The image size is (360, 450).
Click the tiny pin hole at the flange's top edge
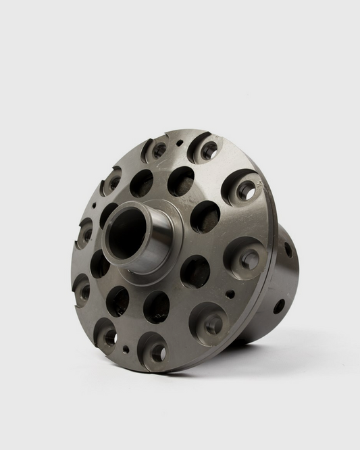(x=179, y=143)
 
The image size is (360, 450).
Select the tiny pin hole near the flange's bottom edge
(x=126, y=349)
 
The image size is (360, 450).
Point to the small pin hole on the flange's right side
(x=230, y=294)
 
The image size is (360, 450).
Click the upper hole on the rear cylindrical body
(x=288, y=249)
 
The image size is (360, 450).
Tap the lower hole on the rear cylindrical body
(x=278, y=306)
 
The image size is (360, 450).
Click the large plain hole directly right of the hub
(x=205, y=216)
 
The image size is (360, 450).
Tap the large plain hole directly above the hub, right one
(x=180, y=180)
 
